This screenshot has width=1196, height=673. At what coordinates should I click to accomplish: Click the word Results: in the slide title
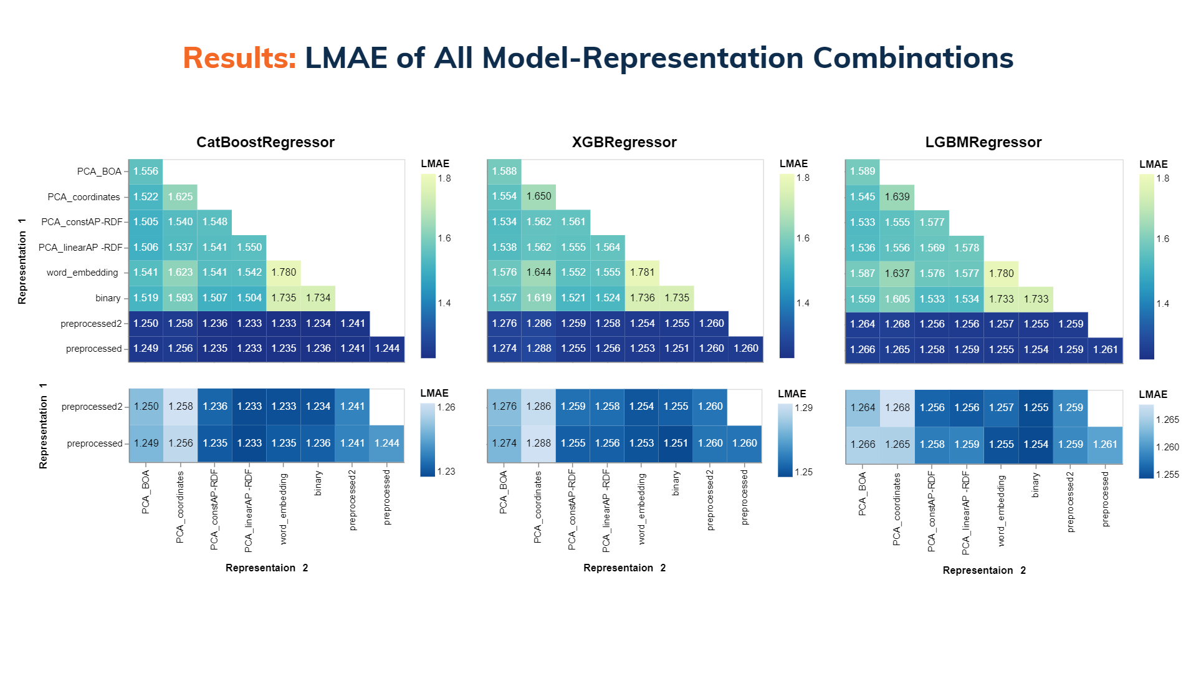[x=239, y=58]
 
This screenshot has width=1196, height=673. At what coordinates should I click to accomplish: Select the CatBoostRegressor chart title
[x=266, y=142]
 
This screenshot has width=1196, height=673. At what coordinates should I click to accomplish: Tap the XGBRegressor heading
[x=624, y=142]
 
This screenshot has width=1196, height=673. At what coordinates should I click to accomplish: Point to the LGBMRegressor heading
[x=983, y=142]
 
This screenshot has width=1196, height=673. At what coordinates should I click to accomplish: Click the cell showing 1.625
[x=180, y=196]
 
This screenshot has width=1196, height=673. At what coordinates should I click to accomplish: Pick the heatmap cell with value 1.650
[x=538, y=196]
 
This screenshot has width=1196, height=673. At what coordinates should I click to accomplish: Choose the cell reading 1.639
[x=897, y=197]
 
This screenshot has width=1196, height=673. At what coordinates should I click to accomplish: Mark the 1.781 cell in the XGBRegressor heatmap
[x=642, y=273]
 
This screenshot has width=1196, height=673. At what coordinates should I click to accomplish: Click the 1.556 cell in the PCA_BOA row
[x=146, y=172]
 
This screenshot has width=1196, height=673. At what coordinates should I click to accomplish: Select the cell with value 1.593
[x=180, y=298]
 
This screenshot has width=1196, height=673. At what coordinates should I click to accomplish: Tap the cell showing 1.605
[x=897, y=299]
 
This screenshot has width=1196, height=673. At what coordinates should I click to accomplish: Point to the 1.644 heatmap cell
[x=538, y=273]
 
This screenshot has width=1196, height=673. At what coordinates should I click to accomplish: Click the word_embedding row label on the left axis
[x=82, y=273]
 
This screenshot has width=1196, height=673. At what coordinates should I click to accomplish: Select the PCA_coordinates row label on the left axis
[x=84, y=197]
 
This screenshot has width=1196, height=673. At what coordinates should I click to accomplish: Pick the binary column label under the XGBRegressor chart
[x=676, y=483]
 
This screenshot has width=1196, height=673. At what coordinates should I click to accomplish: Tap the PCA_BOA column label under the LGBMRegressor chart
[x=863, y=493]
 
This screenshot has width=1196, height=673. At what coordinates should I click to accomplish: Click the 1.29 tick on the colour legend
[x=804, y=408]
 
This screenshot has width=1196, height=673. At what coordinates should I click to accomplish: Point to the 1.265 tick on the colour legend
[x=1167, y=420]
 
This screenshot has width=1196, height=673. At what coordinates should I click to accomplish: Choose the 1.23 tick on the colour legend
[x=446, y=472]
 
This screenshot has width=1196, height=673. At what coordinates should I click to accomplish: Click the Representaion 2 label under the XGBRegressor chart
[x=624, y=568]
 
